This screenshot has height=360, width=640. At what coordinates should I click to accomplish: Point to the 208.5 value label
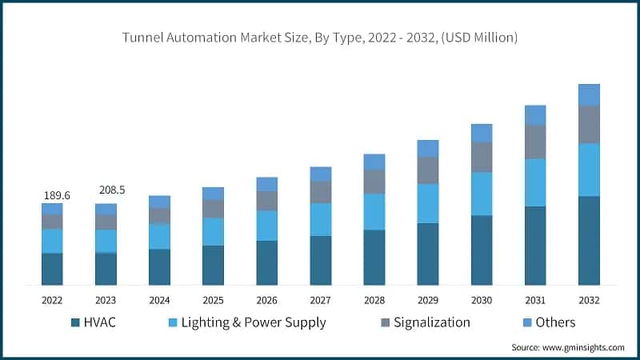[111, 190]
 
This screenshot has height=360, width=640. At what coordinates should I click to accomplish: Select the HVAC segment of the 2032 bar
[589, 240]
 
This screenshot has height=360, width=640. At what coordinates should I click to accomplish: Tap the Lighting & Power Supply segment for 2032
[589, 170]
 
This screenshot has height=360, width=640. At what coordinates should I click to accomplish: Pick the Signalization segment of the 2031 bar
[535, 142]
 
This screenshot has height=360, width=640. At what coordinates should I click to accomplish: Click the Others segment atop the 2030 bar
[482, 133]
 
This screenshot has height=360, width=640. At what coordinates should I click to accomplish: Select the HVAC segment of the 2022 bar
[52, 269]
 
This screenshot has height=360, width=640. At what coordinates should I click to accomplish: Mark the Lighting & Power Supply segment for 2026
[266, 226]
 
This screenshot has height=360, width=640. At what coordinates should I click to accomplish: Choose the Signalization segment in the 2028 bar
[374, 182]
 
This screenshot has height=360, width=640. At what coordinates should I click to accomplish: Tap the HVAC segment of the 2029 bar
[428, 254]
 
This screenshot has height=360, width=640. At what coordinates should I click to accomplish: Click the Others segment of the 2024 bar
[159, 202]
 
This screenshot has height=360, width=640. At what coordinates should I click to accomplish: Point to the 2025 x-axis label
[213, 300]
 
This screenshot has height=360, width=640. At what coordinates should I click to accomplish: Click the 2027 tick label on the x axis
[320, 300]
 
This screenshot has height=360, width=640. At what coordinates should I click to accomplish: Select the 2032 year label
[589, 300]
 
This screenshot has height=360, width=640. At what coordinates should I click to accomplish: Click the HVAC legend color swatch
[76, 322]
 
